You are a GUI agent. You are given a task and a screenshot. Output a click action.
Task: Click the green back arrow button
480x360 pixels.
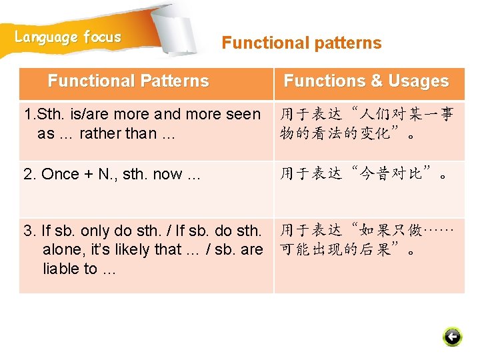click(x=452, y=337)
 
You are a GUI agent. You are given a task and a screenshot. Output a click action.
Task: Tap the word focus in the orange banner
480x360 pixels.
click(x=103, y=37)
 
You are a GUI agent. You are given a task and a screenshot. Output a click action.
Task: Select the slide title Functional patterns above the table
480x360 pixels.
click(x=301, y=43)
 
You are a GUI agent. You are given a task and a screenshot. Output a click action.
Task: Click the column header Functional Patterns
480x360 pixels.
click(x=129, y=81)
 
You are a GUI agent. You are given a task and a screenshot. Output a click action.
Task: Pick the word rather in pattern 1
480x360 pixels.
click(x=100, y=133)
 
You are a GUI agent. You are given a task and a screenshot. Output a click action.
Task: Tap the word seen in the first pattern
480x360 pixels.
click(x=243, y=114)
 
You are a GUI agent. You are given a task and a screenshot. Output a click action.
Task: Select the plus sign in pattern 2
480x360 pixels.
click(x=89, y=175)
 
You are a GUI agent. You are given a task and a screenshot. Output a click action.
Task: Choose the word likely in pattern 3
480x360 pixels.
click(x=131, y=250)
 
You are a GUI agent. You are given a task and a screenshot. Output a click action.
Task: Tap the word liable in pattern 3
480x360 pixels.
click(x=63, y=269)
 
